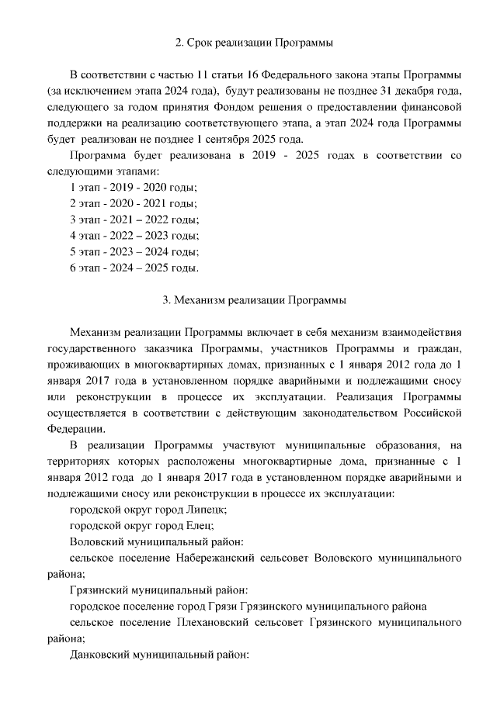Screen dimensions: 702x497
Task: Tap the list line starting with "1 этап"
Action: (133, 188)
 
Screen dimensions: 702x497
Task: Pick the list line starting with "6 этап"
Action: (134, 269)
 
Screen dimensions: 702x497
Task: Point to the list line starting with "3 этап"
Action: (134, 220)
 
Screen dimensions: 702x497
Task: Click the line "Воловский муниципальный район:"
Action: (158, 541)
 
